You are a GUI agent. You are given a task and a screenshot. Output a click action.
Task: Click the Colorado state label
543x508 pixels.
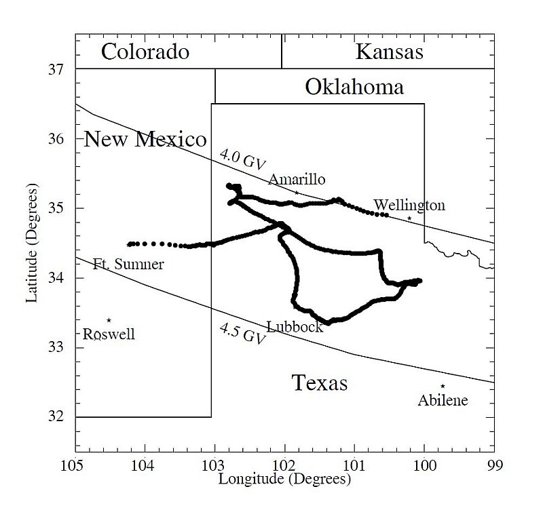[145, 52]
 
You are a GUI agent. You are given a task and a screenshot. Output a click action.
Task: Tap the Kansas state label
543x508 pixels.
[390, 52]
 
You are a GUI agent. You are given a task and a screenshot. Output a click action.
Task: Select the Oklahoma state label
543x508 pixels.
[354, 87]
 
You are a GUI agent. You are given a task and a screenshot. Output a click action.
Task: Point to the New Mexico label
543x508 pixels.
[145, 140]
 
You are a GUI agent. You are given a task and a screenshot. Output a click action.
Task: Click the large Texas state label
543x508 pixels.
[320, 383]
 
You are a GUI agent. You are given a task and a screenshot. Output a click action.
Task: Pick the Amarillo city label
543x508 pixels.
[297, 180]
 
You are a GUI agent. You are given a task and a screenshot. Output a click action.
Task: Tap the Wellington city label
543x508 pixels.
[409, 206]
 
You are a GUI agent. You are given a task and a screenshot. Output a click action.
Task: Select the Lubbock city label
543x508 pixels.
[294, 327]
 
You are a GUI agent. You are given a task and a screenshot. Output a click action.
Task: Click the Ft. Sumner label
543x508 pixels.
[128, 265]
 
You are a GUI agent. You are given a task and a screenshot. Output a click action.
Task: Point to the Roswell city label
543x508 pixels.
[109, 334]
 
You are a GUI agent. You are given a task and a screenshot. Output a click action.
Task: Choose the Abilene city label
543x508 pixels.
[443, 400]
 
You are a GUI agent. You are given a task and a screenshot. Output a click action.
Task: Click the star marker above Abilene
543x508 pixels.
[443, 386]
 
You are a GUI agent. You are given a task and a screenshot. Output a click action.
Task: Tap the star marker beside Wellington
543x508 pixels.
[409, 218]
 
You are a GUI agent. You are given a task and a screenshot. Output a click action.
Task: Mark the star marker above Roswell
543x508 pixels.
[109, 320]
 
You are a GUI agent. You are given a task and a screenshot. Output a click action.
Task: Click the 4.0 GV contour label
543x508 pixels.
[242, 158]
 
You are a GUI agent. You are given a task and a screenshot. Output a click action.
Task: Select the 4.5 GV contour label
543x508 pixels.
[241, 334]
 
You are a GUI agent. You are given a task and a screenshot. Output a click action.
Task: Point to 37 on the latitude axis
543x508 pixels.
[58, 69]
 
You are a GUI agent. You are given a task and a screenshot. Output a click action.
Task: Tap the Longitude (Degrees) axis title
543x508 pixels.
[284, 479]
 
